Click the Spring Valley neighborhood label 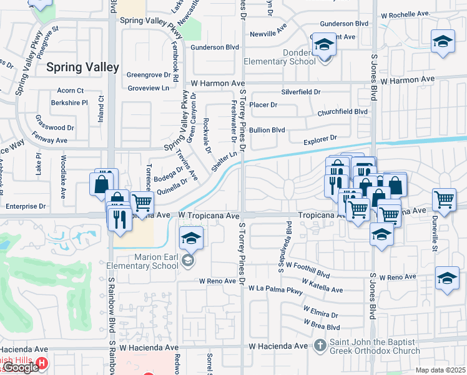coord(82,67)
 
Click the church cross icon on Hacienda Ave coord(320,345)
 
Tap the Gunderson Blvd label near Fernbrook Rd coord(215,47)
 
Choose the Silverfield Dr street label coord(300,91)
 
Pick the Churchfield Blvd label coord(342,112)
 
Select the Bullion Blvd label coord(267,130)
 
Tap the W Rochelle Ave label coord(406,13)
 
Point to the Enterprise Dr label coord(26,206)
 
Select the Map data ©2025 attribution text coord(440,370)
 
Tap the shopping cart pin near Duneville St coord(443,200)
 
